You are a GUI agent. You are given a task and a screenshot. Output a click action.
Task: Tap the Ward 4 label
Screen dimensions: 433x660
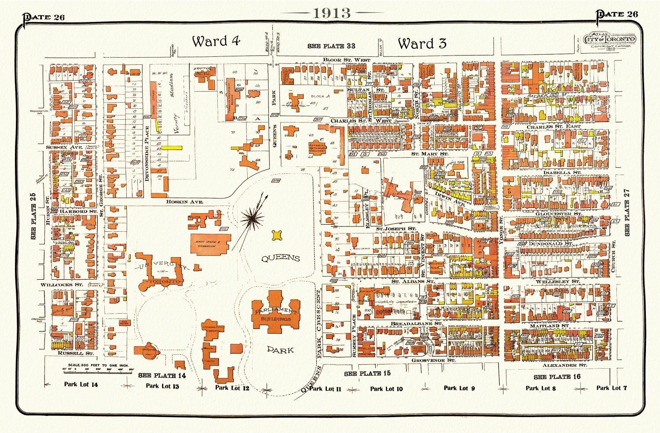point(216,41)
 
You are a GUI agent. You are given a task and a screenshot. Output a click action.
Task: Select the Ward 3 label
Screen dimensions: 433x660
point(422,43)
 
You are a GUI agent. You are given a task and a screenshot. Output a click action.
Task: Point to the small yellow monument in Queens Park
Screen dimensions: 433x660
point(277,236)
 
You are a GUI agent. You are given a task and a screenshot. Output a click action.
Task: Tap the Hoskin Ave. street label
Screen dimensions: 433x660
point(184,201)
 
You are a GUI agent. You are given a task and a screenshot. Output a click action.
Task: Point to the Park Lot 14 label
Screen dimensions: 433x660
point(81,385)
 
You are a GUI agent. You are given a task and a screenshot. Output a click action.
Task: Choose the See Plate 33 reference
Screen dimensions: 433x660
point(332,46)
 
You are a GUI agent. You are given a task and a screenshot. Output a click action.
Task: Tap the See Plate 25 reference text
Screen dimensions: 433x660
point(33,216)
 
